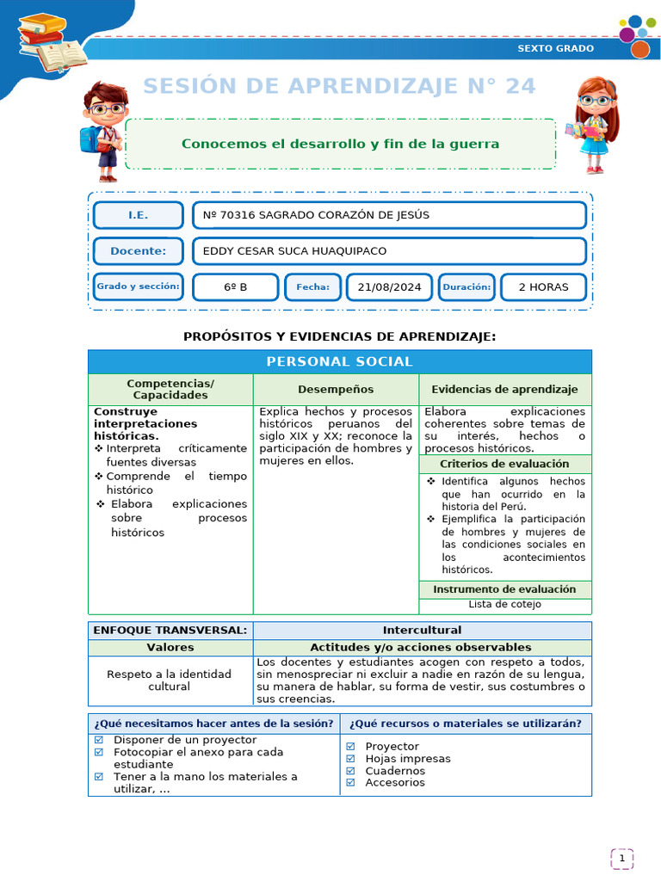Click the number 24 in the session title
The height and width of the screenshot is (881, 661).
[x=519, y=86]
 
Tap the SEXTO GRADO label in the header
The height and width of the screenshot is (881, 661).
[x=555, y=48]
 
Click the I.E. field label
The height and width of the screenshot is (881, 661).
[x=138, y=215]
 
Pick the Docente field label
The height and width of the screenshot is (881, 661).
[x=138, y=251]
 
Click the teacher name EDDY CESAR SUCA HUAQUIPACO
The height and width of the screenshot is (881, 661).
[x=294, y=251]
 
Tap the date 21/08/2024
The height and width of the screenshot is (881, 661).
[x=390, y=287]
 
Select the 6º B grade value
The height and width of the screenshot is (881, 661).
[x=235, y=287]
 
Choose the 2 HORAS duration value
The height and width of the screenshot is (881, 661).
[x=543, y=287]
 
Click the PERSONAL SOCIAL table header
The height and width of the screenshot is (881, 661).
[x=339, y=361]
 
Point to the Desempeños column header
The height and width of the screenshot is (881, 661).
[x=336, y=390]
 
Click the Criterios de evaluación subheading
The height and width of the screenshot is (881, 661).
[x=504, y=464]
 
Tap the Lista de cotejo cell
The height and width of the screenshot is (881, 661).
[x=504, y=604]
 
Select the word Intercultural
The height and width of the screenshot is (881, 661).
[x=422, y=631]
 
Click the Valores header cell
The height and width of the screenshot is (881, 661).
[x=170, y=647]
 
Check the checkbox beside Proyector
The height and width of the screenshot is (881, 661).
[x=350, y=747]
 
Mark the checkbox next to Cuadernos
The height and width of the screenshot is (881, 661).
[x=350, y=771]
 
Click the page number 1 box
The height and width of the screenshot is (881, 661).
[x=621, y=858]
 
